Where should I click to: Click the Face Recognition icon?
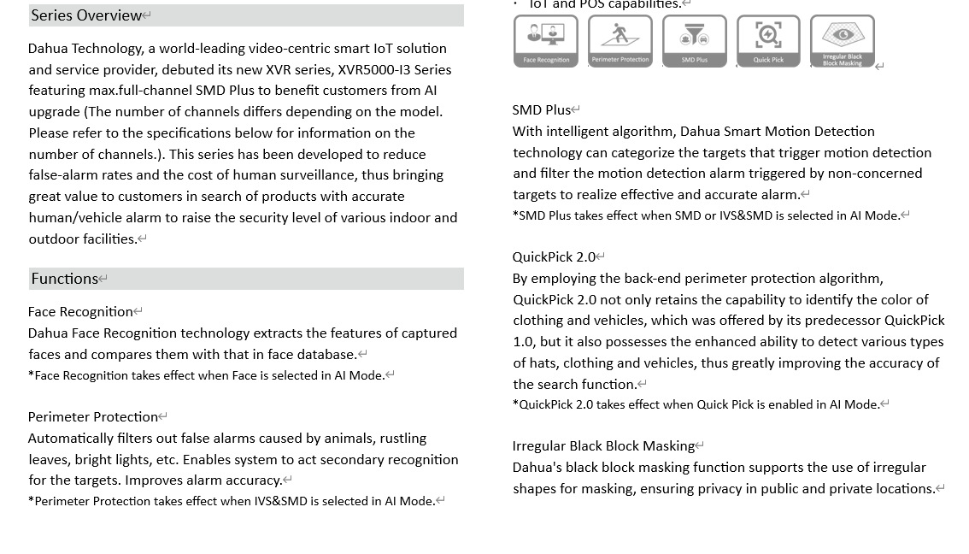click(x=546, y=40)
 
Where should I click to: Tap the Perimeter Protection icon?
click(x=620, y=40)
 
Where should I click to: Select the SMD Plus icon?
click(x=695, y=40)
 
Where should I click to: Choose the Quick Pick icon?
click(x=768, y=40)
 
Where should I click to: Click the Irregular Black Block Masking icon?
click(x=843, y=40)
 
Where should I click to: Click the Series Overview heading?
click(x=86, y=15)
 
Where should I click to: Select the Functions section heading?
click(x=65, y=279)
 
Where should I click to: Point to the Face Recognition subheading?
click(x=80, y=312)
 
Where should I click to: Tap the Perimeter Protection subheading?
click(x=93, y=417)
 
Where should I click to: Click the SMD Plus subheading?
click(x=542, y=110)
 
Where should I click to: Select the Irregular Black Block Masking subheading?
click(x=603, y=446)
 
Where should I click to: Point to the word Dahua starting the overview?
click(x=48, y=49)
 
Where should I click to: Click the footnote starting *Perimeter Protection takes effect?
click(x=232, y=501)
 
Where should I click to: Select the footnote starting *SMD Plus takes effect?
click(x=706, y=215)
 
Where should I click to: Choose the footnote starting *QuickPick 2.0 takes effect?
click(x=696, y=404)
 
